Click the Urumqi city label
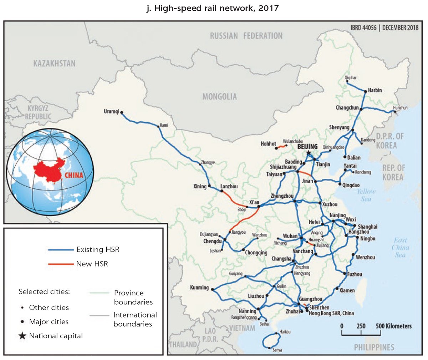[111, 112]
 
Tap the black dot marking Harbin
[365, 92]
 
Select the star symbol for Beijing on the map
[309, 153]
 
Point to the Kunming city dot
[212, 289]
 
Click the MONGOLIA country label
[219, 97]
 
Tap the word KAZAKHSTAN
[55, 64]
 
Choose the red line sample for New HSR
[61, 264]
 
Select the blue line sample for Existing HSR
[61, 250]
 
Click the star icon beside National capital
[22, 336]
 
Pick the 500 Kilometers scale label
[393, 326]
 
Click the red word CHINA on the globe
[74, 175]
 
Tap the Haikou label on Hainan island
[285, 332]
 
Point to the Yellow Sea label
[366, 195]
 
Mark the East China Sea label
[400, 247]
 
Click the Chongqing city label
[256, 253]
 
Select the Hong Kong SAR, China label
[331, 313]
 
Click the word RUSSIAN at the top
[224, 36]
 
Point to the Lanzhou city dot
[222, 191]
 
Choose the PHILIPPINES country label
[374, 347]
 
